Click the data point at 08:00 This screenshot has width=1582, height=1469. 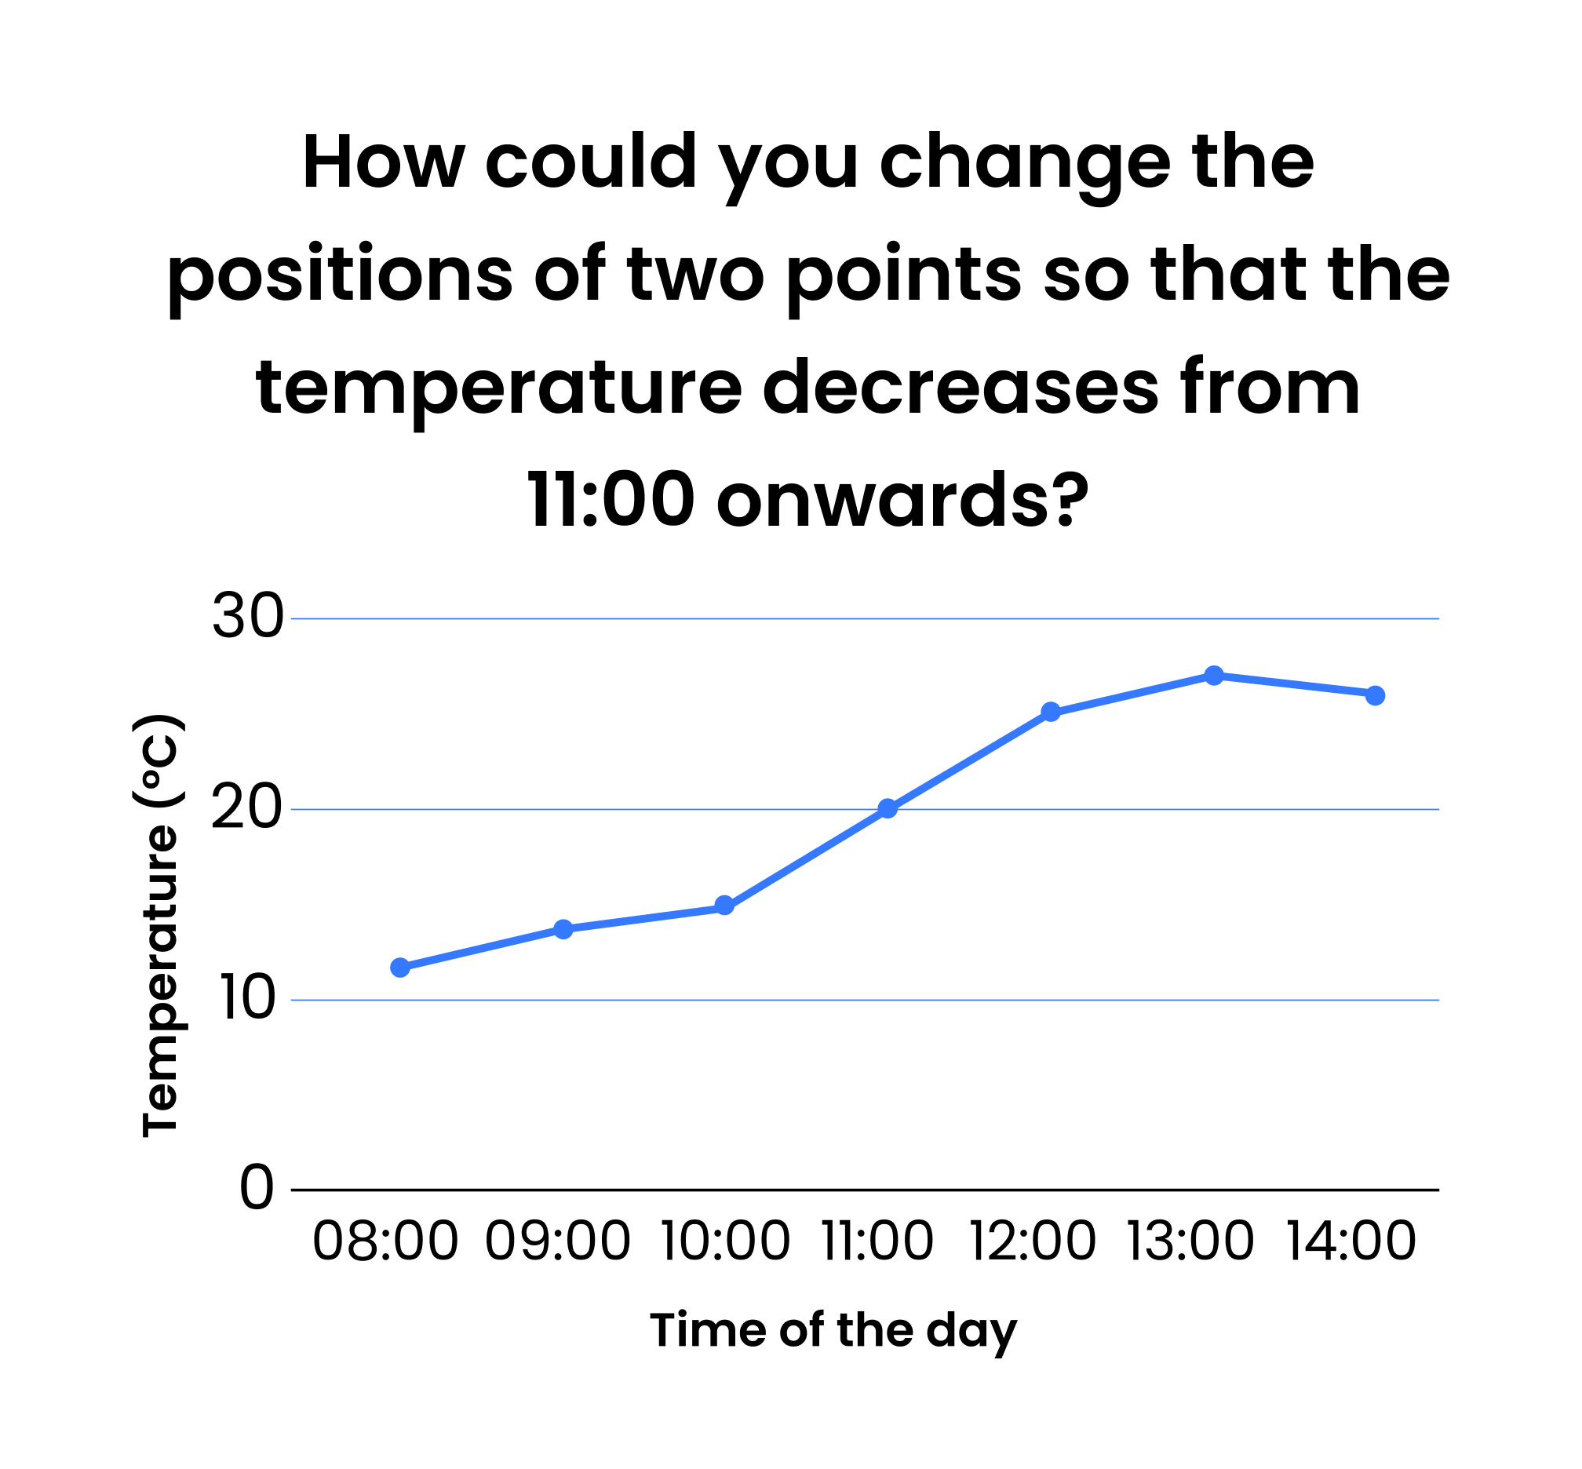click(401, 968)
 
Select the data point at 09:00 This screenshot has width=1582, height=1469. click(563, 929)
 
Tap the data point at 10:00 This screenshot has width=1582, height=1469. click(724, 906)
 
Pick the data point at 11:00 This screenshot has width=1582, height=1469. click(888, 809)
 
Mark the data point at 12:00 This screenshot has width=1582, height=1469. click(1051, 712)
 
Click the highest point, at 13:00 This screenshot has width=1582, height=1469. click(1214, 676)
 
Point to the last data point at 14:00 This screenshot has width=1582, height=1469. click(1376, 695)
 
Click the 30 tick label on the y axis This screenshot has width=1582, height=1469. click(248, 618)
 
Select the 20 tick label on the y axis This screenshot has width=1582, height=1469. click(247, 809)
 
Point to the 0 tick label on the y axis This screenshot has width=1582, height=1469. click(257, 1189)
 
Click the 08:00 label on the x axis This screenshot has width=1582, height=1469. click(385, 1241)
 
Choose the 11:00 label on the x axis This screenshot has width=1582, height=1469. click(877, 1241)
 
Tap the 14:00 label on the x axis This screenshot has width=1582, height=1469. click(1351, 1241)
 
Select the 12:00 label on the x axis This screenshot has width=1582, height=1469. click(1032, 1241)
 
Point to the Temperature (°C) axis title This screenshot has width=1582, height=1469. click(160, 926)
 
